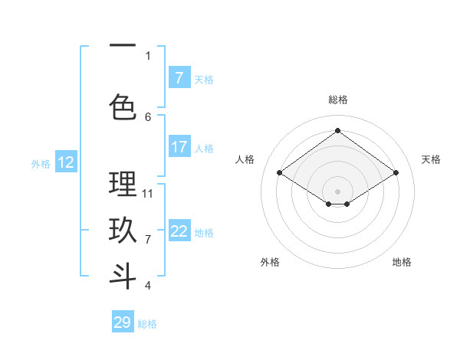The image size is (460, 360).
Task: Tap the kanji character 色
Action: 123,106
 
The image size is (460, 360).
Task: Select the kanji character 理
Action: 123,184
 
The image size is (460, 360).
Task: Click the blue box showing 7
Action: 179,78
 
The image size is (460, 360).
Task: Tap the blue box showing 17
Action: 179,147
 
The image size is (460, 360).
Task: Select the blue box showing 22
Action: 179,231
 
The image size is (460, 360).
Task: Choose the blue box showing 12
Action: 66,162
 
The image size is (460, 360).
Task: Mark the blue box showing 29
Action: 123,322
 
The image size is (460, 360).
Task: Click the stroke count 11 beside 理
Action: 148,193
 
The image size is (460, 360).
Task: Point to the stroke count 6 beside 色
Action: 148,116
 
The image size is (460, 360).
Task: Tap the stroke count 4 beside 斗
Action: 148,286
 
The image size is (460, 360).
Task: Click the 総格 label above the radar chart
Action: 337,100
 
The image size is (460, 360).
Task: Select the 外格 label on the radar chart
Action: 270,262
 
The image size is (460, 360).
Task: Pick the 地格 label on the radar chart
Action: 402,262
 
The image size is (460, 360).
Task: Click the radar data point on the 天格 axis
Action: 396,173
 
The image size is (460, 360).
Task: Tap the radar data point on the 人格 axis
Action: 279,173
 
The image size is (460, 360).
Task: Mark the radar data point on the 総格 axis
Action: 337,130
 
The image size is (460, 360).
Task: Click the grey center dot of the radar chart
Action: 337,190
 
